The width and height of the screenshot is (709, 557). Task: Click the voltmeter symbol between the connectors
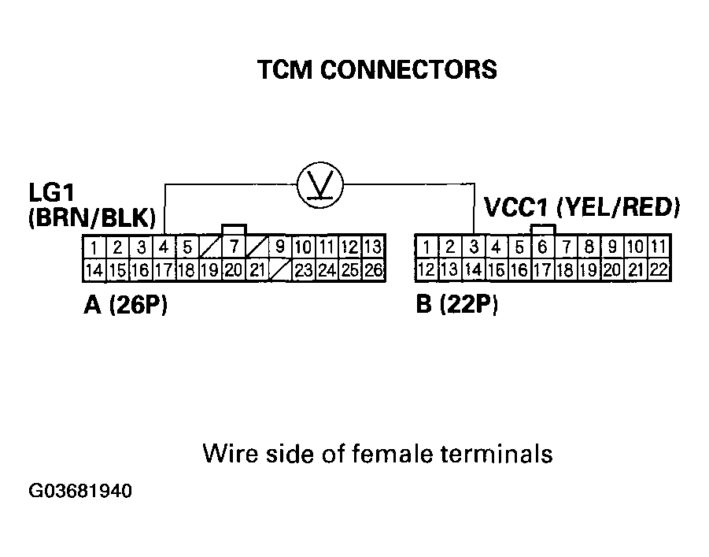tap(320, 185)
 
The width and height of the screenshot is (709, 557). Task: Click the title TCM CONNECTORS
tap(377, 70)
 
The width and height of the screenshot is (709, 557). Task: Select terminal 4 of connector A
tap(164, 247)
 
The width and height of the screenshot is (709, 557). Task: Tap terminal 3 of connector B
tap(474, 247)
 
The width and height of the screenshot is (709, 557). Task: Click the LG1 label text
tap(52, 192)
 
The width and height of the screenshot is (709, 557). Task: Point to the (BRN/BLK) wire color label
tap(92, 217)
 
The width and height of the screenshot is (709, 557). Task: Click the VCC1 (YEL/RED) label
tap(582, 207)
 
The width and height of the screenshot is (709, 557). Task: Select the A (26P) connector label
tap(126, 305)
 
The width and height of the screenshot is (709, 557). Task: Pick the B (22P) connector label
tap(456, 304)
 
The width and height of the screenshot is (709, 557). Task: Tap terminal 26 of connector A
tap(374, 270)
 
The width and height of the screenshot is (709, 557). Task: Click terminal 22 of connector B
tap(659, 270)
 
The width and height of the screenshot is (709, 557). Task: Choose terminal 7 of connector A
tap(234, 247)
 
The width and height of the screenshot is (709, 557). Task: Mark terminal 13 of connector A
tap(374, 247)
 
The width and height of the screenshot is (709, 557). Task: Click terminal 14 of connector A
tap(94, 270)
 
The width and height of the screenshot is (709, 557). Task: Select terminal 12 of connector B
tap(427, 270)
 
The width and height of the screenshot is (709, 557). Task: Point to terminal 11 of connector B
tap(659, 247)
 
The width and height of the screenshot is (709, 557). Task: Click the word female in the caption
tap(393, 453)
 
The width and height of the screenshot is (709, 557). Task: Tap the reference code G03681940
tap(80, 491)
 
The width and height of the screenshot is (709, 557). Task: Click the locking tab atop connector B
tap(543, 229)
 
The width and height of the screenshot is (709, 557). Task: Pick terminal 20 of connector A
tap(234, 270)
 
